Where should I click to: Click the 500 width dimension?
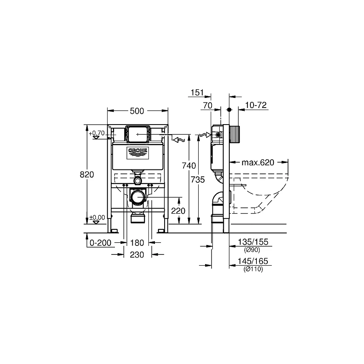[138, 111]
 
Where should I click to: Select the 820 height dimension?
[87, 175]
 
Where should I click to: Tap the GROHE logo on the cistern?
[138, 152]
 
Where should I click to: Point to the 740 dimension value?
[189, 165]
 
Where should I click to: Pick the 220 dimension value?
[178, 211]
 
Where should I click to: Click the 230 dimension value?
[138, 255]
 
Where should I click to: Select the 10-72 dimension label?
[256, 105]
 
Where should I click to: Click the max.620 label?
[258, 163]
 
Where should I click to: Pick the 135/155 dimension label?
[253, 242]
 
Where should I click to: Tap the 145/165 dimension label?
[253, 262]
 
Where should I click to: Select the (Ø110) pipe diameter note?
[253, 269]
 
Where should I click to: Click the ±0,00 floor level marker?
[97, 218]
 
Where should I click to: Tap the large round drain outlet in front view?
[138, 197]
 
